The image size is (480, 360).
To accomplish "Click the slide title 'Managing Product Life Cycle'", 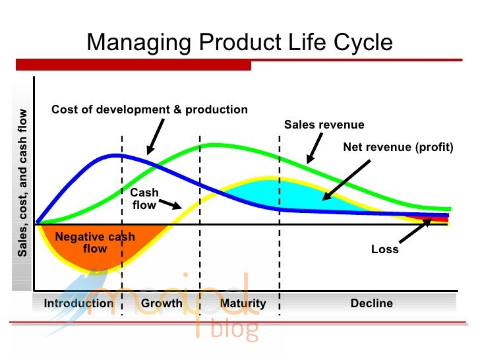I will point(240,42).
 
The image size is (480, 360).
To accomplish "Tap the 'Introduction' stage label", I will point(78,303).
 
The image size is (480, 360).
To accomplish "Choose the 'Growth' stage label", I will point(162,303).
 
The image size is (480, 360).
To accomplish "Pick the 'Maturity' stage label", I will point(243,303).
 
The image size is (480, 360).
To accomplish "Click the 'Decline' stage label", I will point(371,303).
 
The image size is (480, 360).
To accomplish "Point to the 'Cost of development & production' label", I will point(150,109).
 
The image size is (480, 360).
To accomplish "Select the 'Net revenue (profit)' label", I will point(398,147).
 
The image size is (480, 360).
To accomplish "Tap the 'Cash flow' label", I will point(144,198).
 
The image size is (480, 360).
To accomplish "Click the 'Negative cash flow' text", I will point(95,243).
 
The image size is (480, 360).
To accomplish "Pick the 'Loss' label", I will point(384,249).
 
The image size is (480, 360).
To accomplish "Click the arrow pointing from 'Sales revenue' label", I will point(314,148).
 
